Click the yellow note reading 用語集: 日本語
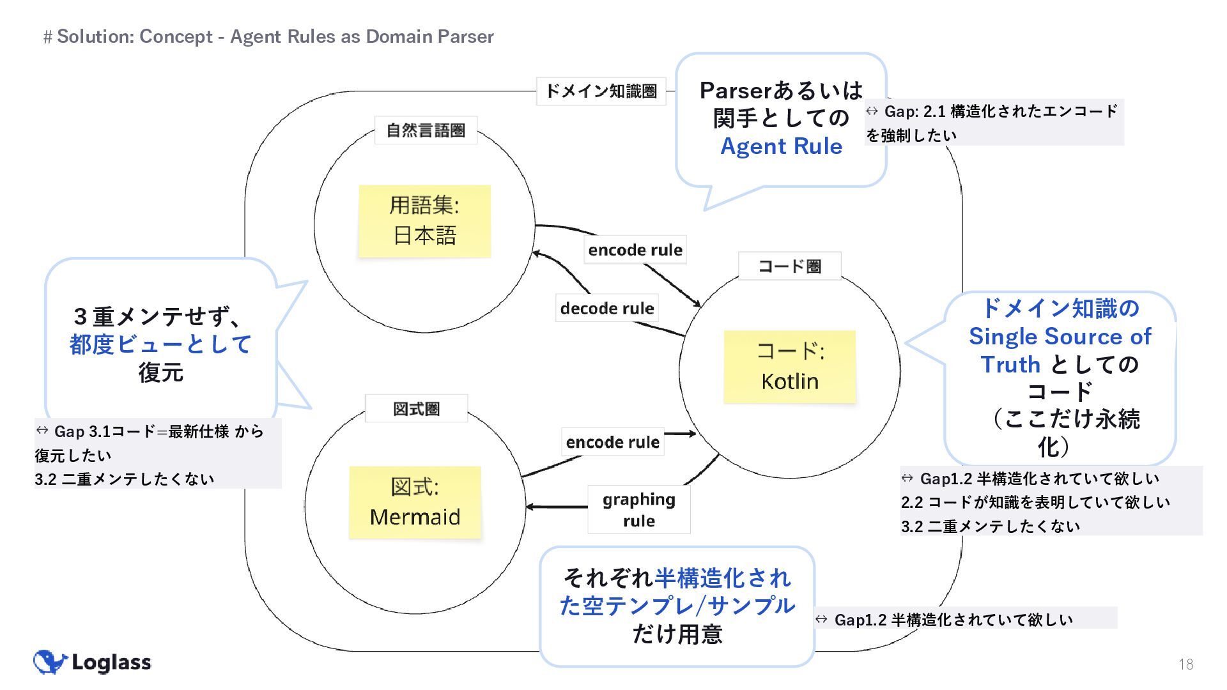(x=424, y=221)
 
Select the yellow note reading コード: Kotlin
(x=789, y=367)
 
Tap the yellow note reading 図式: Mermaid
(x=415, y=502)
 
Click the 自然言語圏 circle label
(x=426, y=130)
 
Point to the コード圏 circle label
(x=789, y=266)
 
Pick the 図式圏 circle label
(x=416, y=409)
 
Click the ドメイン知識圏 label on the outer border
(x=601, y=91)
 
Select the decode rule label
(x=606, y=309)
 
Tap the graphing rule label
(x=638, y=509)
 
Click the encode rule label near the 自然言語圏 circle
(x=635, y=250)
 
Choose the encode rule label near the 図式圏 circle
(x=612, y=442)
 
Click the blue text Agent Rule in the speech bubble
(x=781, y=146)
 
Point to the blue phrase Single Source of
(x=1060, y=336)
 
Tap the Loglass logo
(x=93, y=662)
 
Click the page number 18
(x=1185, y=664)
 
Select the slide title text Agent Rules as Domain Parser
(x=362, y=36)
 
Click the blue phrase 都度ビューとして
(x=160, y=344)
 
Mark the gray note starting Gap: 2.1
(x=994, y=123)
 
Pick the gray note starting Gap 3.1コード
(x=157, y=454)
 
